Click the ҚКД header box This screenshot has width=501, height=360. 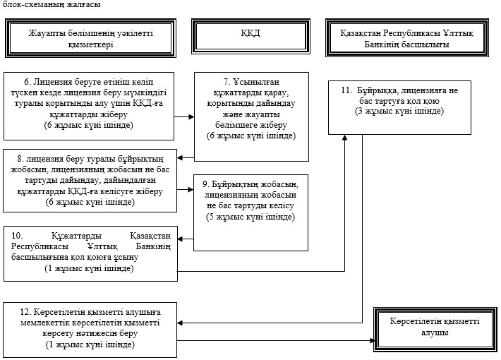(250, 36)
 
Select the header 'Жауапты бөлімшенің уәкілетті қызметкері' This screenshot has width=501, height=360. (91, 38)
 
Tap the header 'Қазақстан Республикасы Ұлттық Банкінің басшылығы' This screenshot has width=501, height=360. (407, 37)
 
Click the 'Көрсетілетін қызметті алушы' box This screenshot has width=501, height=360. (435, 330)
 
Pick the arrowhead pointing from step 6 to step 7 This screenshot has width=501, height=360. (191, 116)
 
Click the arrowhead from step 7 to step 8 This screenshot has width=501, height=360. (180, 157)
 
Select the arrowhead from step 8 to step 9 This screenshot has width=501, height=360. (191, 190)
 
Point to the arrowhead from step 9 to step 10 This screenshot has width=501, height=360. (180, 239)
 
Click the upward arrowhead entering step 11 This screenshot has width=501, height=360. (344, 138)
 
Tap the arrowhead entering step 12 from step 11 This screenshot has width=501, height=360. (180, 323)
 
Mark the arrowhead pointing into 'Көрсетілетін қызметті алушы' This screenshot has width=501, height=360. (372, 340)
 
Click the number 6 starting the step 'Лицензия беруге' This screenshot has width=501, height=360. (28, 82)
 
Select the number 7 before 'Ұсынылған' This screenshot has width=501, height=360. (227, 82)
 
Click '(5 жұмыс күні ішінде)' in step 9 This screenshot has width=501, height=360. (250, 217)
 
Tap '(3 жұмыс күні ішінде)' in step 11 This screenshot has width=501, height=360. (399, 111)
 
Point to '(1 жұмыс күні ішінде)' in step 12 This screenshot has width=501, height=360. (90, 344)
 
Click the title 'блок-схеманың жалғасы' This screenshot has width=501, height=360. (52, 4)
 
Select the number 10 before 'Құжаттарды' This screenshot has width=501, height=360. (17, 236)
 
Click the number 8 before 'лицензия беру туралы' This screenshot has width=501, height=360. (20, 159)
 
